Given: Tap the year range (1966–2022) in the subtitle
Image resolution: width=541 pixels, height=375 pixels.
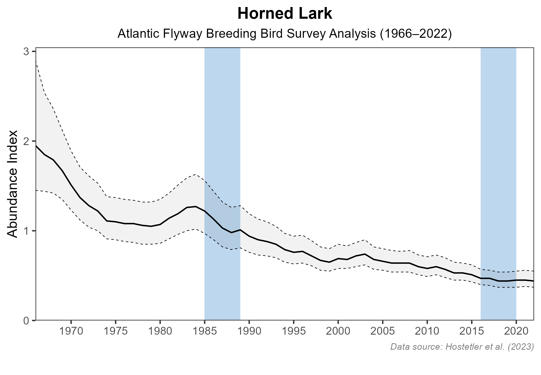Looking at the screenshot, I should pos(415,34).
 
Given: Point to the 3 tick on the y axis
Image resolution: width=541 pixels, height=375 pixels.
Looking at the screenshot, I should pos(26,52).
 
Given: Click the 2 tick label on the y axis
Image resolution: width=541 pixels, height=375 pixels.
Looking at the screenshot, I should pos(26,141).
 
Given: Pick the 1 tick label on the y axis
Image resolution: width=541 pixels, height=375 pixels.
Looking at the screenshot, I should pos(26,231).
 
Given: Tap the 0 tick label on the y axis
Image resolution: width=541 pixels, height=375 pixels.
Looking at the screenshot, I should pos(26,321).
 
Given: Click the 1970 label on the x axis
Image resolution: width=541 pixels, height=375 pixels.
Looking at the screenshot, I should pos(71,332).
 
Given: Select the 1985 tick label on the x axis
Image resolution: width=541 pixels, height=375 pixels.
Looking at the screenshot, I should pos(204,332).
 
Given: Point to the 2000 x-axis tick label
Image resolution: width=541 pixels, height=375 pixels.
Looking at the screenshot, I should pos(338,332).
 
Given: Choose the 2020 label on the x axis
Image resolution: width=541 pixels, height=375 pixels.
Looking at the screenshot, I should pos(516,332).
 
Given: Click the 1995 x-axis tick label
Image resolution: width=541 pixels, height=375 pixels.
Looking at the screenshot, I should pos(293,332).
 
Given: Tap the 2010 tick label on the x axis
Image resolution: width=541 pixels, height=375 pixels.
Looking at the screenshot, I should pos(427,332).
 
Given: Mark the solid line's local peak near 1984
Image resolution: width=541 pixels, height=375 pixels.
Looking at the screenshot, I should pos(195,207).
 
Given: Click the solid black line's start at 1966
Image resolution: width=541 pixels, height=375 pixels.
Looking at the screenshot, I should pos(36,146).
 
